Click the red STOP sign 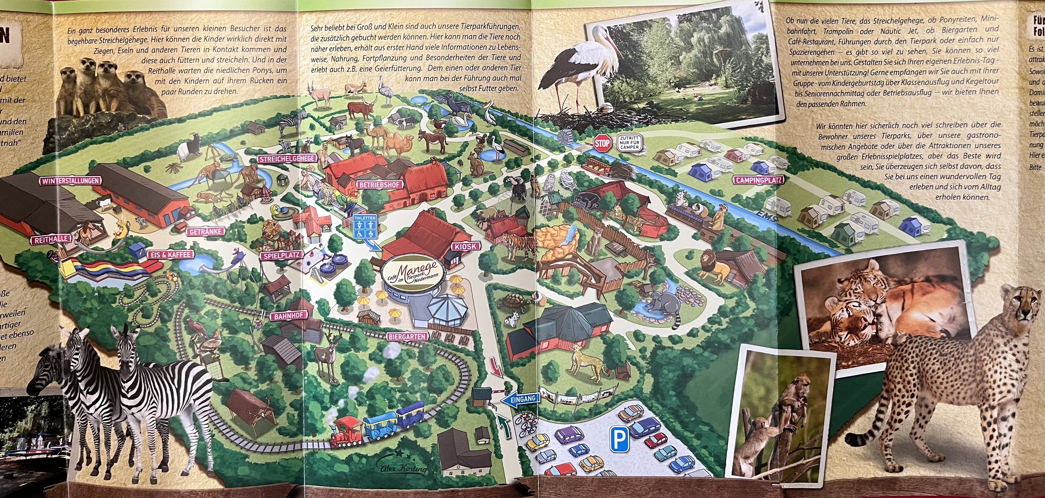[x=602, y=143]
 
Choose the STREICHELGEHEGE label [x=288, y=158]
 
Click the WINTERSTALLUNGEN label [x=70, y=181]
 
